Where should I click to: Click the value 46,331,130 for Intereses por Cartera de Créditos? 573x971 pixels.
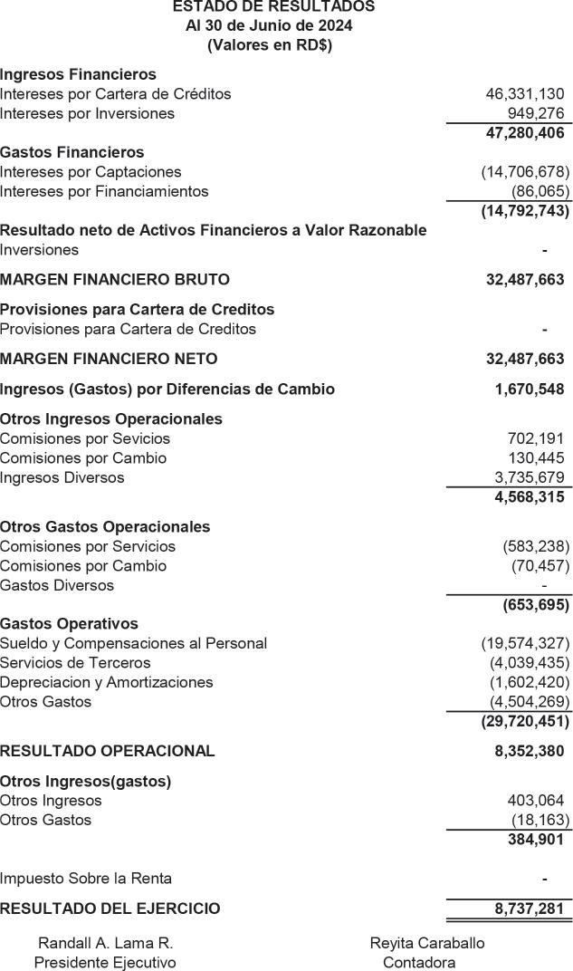coord(525,94)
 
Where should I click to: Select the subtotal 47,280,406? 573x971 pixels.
coord(525,133)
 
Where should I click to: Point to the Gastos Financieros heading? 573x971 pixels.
coord(72,152)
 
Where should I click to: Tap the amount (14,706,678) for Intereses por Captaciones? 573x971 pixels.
coord(525,172)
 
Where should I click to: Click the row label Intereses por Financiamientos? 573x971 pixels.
coord(104,192)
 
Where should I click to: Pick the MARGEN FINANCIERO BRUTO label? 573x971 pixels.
coord(115,280)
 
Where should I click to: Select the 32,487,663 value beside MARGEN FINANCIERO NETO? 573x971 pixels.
coord(525,359)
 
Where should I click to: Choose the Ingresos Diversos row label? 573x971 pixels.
coord(62,477)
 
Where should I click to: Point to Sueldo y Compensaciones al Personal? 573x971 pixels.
coord(133,644)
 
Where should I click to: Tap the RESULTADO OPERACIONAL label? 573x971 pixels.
coord(108,751)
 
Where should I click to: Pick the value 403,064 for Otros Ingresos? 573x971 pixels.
coord(536,801)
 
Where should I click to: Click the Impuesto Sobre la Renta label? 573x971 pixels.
coord(86,879)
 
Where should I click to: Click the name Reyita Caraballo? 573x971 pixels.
coord(427,943)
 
